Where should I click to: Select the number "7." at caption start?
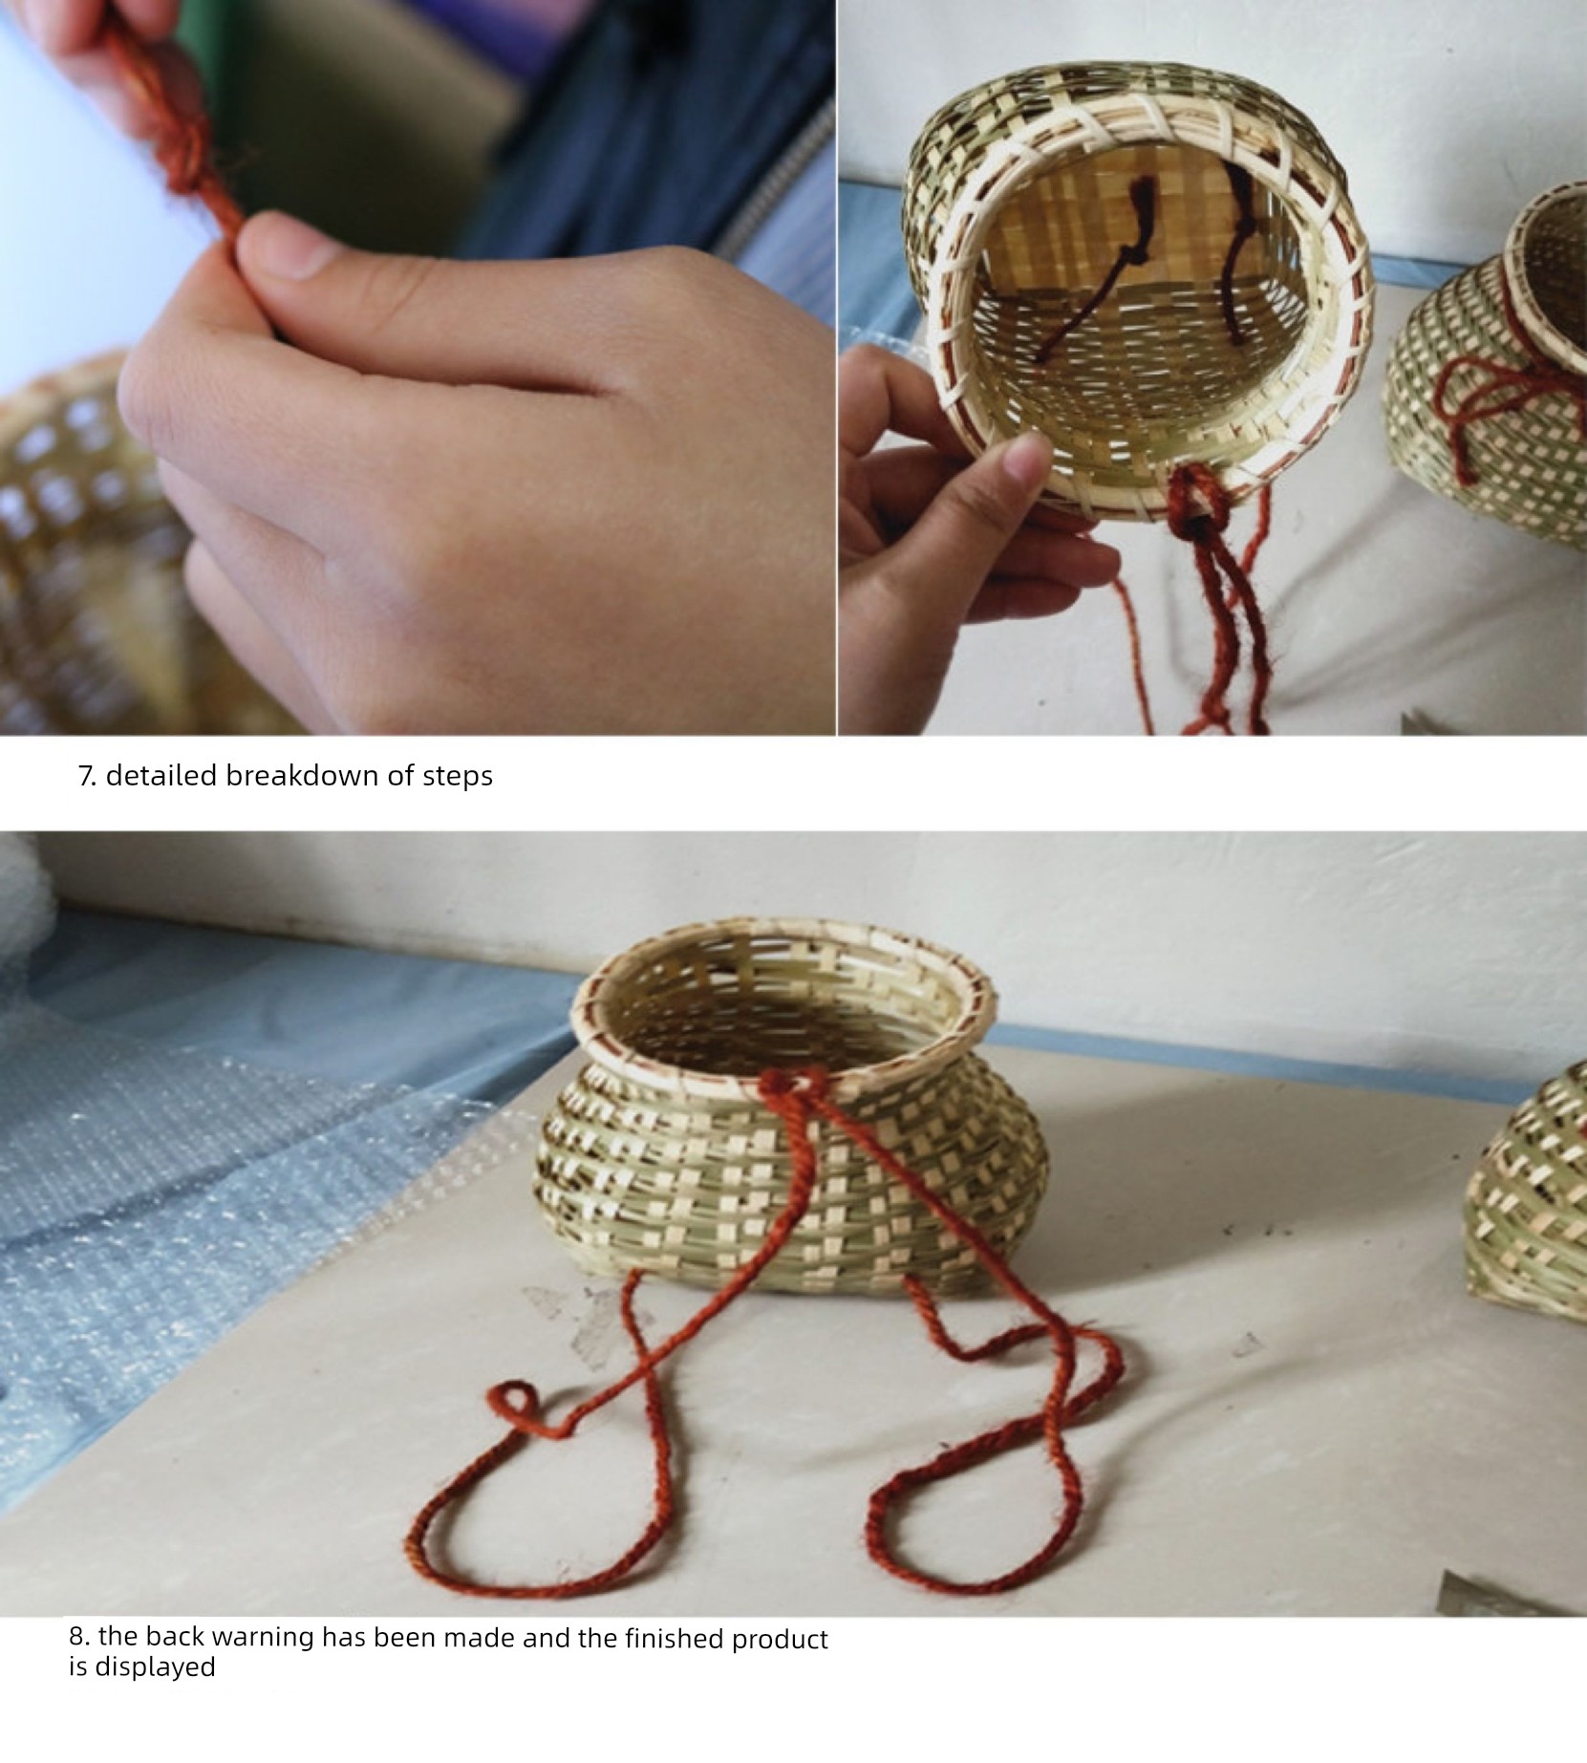[x=87, y=776]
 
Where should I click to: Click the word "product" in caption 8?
[x=780, y=1640]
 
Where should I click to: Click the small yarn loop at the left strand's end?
[x=514, y=1406]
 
